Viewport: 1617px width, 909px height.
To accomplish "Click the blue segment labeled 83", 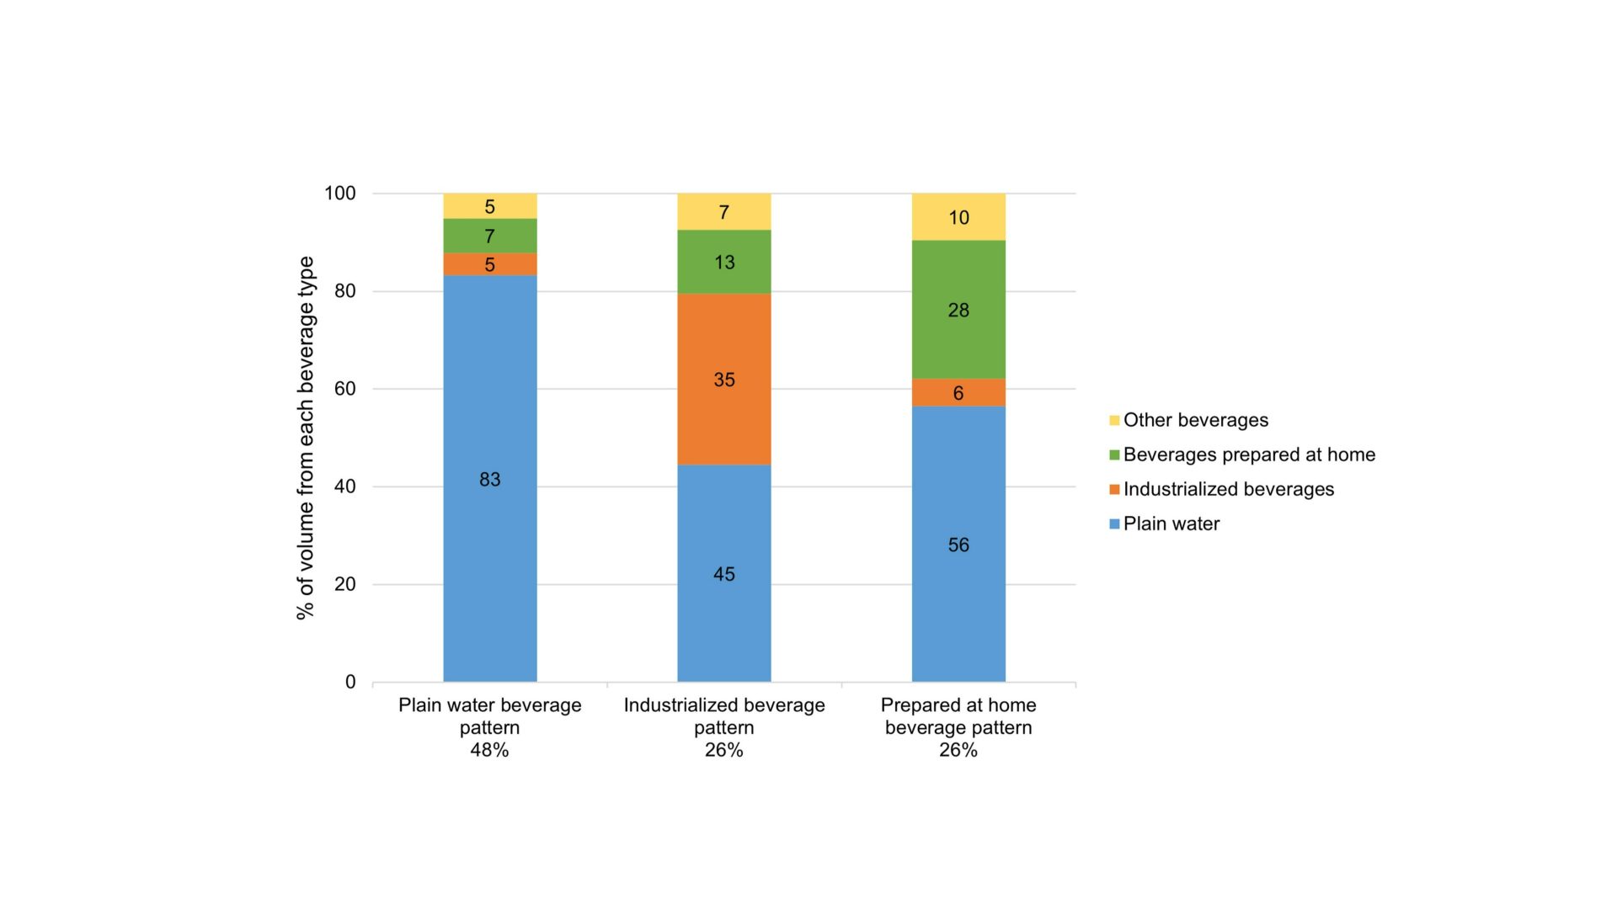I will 489,478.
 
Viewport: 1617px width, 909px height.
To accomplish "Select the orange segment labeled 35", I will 723,379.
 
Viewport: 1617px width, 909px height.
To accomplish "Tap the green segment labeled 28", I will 958,310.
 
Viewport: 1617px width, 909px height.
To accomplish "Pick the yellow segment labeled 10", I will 958,217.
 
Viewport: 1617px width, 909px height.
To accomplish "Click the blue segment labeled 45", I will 723,573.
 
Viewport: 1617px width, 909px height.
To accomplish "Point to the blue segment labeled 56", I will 958,545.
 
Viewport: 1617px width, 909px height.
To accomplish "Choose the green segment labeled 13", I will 723,262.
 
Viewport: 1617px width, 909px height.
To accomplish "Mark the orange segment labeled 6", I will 958,392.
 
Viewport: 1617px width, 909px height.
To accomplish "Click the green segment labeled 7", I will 489,236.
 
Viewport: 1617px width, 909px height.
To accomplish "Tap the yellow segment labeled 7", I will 723,211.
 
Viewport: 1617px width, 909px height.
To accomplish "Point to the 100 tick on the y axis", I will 340,194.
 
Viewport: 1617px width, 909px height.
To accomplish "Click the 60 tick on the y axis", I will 344,389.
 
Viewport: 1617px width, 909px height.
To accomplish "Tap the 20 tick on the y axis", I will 344,584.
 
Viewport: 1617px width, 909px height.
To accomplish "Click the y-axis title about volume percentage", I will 305,438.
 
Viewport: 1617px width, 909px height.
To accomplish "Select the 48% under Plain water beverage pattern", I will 489,750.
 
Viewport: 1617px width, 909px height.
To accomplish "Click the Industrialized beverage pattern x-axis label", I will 723,716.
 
